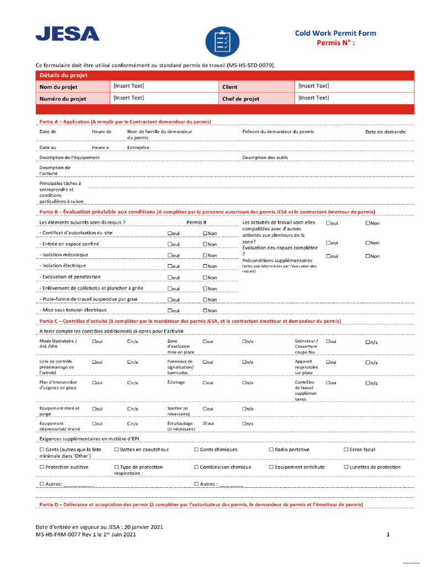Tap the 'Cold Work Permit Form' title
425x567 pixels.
coord(335,33)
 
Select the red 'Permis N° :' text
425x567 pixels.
coord(335,43)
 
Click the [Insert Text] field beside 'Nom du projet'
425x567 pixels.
coord(128,86)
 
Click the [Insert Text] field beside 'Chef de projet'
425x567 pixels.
coord(313,98)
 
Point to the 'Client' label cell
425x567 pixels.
coord(230,87)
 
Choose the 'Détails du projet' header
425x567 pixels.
coord(63,75)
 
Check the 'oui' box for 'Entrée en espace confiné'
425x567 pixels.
coord(170,244)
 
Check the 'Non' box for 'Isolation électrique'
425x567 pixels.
coord(205,266)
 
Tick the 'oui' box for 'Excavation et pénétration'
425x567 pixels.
coord(170,277)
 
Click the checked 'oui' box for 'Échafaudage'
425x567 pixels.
coord(205,424)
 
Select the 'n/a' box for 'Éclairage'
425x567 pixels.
coord(245,383)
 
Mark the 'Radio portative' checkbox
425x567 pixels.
coord(271,450)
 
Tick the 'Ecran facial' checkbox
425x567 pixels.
coord(346,450)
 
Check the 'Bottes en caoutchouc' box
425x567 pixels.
coord(116,450)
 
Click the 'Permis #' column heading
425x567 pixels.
coord(196,223)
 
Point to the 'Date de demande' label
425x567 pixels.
coord(385,132)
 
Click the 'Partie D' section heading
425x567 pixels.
coord(201,505)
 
